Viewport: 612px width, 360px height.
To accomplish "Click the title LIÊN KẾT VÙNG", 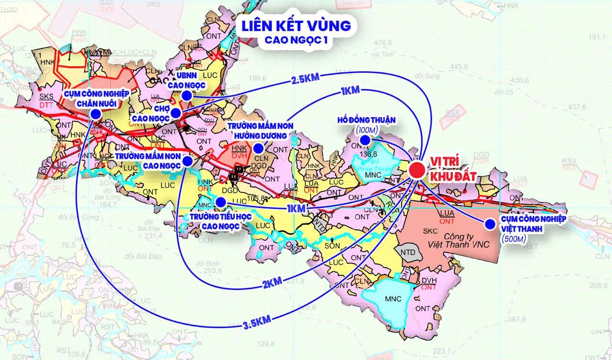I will click(296, 25).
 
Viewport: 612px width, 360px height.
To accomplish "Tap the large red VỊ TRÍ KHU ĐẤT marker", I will click(417, 170).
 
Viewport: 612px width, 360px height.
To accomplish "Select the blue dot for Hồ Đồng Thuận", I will click(365, 140).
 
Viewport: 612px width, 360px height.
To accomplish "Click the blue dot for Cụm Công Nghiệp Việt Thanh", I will click(489, 224).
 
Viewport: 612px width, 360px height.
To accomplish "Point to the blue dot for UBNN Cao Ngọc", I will click(187, 96).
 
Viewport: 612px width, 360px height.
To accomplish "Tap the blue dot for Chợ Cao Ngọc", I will click(176, 113).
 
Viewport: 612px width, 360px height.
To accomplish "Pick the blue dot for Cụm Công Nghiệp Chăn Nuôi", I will click(96, 114).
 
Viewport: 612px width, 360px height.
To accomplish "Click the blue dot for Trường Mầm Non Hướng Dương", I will click(258, 148).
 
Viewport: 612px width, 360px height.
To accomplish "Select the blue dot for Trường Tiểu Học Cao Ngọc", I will click(220, 202).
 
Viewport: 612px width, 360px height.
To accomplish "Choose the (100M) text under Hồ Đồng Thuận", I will click(366, 130).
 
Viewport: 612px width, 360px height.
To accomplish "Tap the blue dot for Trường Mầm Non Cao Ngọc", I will click(188, 162).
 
